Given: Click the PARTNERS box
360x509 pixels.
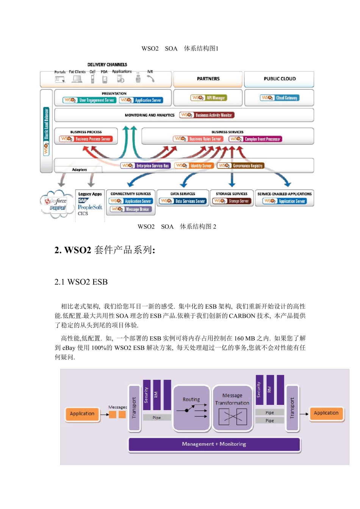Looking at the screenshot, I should coord(208,79).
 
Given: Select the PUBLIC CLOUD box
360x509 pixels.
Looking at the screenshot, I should coord(279,79).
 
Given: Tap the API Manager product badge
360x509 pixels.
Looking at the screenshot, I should coord(208,98).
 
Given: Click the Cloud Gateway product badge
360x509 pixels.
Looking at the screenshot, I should coord(280,98).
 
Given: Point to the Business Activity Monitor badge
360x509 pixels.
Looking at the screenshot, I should coord(207,115).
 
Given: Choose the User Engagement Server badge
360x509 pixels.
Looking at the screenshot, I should coord(89,100).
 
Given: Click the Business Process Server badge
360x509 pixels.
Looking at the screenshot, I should coord(86,139).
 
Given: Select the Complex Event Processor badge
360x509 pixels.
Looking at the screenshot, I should coord(255,139).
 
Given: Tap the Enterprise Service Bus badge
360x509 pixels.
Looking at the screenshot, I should coord(146,166).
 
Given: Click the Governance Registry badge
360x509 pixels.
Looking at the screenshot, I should coord(240,166).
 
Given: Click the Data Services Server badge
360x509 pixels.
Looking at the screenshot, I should coord(183,201).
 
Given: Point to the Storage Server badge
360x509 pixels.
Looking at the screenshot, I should coord(231,201).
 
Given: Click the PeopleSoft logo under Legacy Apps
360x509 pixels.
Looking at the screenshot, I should coord(90,207).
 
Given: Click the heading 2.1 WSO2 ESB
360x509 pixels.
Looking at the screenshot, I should coord(81,282).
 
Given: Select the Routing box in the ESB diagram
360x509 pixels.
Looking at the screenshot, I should coord(191,408).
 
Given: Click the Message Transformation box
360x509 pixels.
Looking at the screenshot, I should coord(232,408).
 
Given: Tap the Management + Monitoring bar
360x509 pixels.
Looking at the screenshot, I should coord(214,444).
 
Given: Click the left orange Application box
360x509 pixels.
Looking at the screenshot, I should coord(82,414).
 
